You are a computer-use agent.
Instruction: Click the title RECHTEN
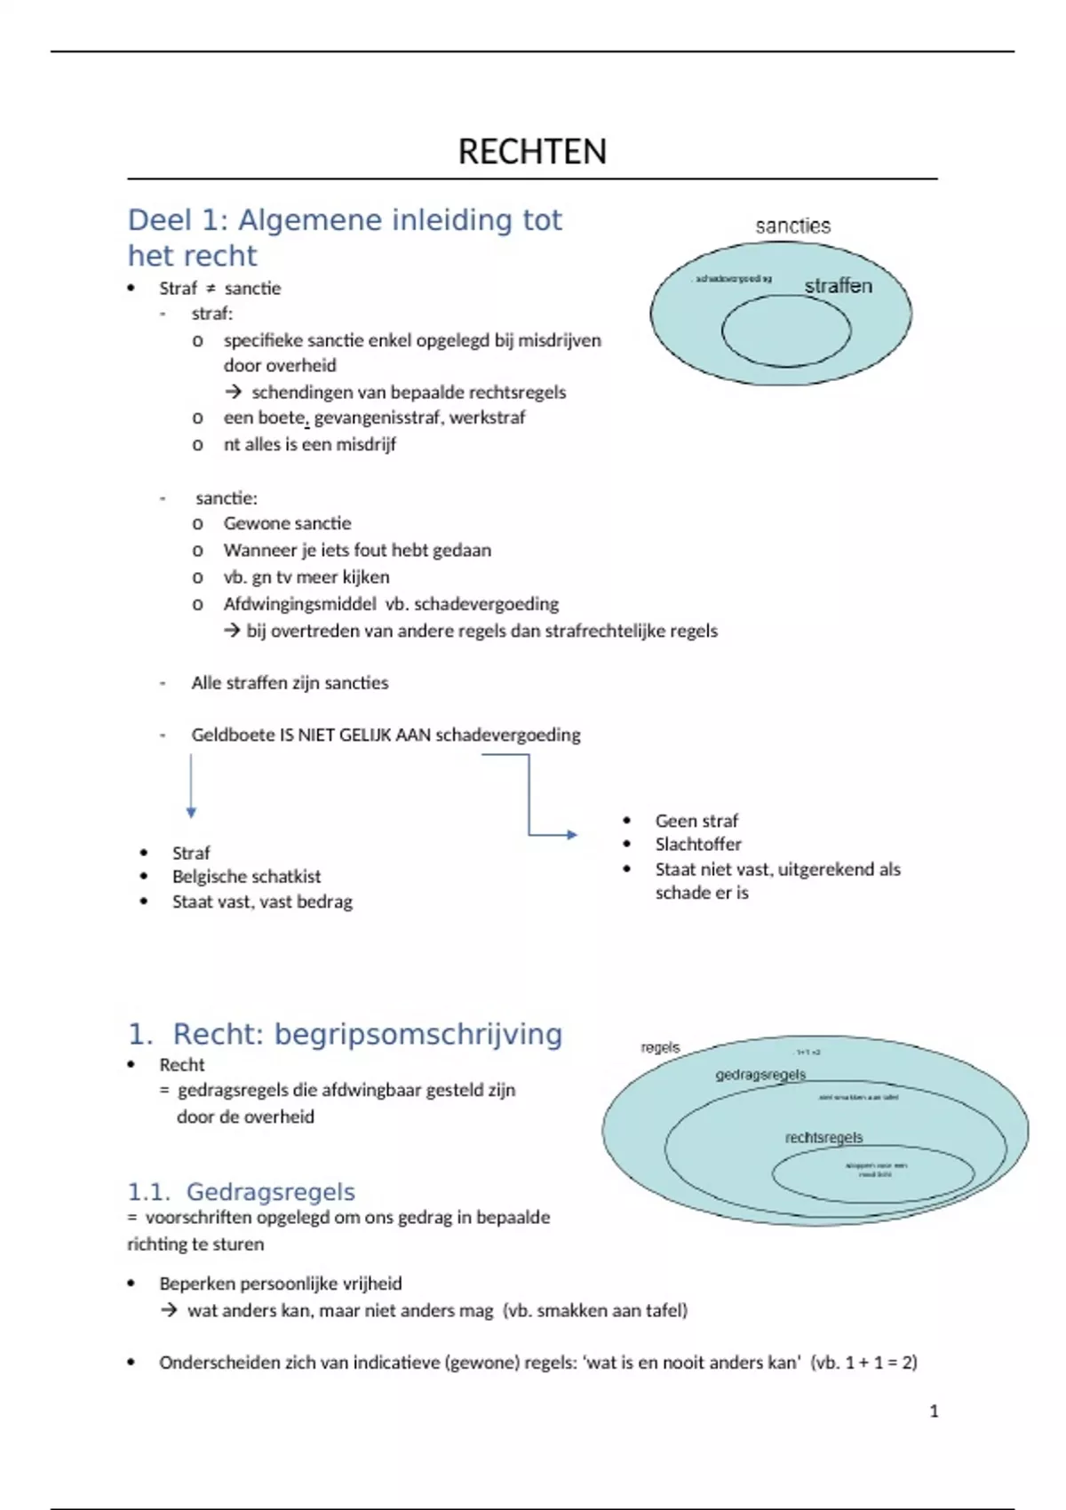[x=532, y=152]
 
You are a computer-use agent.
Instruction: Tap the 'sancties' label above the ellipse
[x=792, y=226]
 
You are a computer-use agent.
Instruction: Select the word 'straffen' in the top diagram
[x=838, y=286]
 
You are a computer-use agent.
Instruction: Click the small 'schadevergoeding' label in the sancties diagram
[x=732, y=279]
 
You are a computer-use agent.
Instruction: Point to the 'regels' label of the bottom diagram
[x=660, y=1047]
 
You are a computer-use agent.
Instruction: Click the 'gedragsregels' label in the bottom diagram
[x=760, y=1075]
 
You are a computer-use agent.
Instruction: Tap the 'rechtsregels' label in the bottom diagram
[x=823, y=1138]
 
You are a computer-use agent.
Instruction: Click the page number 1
[x=934, y=1411]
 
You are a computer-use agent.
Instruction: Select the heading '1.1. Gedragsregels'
[x=241, y=1192]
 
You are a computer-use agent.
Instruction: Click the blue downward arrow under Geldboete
[x=191, y=786]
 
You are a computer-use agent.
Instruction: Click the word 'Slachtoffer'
[x=698, y=845]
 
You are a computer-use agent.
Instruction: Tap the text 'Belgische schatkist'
[x=246, y=877]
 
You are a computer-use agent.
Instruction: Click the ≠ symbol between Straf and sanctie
[x=211, y=289]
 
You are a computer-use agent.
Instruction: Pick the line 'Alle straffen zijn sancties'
[x=290, y=683]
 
